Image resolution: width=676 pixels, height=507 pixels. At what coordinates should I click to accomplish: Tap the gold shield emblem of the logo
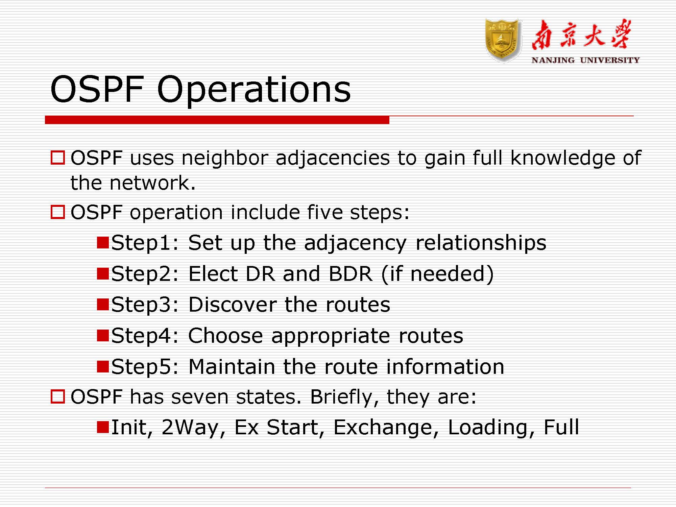(x=502, y=41)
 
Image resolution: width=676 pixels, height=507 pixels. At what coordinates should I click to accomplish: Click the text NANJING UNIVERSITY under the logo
(x=585, y=61)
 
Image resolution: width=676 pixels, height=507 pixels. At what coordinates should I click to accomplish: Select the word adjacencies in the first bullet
(x=333, y=158)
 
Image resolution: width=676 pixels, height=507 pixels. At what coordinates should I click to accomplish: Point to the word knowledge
(x=562, y=158)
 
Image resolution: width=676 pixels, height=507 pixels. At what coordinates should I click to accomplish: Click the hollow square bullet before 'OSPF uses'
(x=57, y=158)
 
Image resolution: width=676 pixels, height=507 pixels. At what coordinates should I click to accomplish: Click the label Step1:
(x=145, y=243)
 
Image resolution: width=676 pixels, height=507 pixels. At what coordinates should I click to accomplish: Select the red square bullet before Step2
(x=102, y=273)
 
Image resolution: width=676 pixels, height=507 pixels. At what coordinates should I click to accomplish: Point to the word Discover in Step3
(x=232, y=305)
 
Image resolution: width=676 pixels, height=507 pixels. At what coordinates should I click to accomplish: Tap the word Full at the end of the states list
(x=561, y=427)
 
